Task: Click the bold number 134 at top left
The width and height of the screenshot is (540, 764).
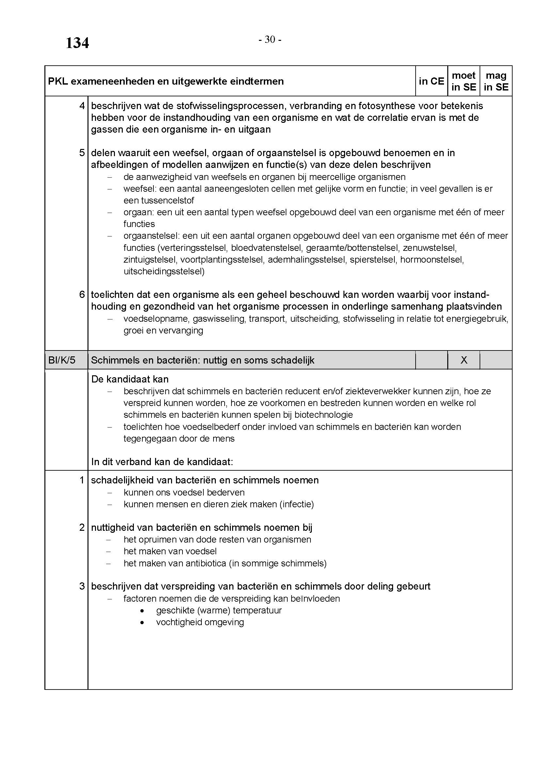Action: click(77, 43)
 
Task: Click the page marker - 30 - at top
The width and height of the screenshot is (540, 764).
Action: click(270, 40)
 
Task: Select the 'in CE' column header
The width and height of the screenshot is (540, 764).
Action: click(431, 81)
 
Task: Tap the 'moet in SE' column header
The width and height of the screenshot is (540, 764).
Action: click(464, 81)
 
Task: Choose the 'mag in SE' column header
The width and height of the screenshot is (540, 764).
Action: click(496, 81)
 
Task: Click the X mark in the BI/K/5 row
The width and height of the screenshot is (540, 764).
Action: click(464, 360)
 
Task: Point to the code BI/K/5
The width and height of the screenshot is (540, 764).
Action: click(62, 360)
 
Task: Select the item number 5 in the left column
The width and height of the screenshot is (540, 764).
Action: click(82, 153)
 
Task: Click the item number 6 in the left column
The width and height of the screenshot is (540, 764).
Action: click(82, 295)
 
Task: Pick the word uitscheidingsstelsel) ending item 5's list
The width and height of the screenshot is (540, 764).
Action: click(164, 271)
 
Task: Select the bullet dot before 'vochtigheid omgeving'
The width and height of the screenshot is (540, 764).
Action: click(142, 622)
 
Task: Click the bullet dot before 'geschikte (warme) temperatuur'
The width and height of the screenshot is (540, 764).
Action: click(142, 610)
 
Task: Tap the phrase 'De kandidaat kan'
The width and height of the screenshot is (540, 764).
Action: click(130, 379)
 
